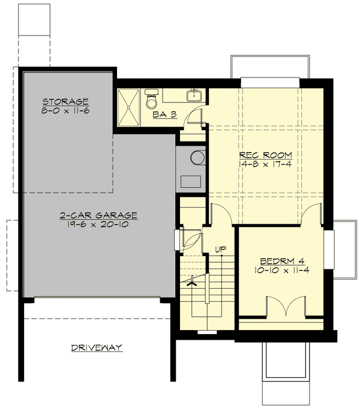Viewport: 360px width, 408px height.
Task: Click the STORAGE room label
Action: coord(65,101)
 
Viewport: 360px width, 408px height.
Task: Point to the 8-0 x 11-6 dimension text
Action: coord(65,112)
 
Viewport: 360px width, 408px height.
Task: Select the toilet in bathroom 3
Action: coord(151,100)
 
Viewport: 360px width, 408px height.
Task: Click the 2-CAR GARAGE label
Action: coord(98,215)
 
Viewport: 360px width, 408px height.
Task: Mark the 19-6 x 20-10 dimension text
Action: coord(98,224)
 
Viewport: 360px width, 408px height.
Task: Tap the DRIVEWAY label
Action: coord(97,347)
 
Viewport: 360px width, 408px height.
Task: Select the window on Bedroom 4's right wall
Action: coord(328,248)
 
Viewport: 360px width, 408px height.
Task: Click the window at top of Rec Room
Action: coord(269,82)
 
